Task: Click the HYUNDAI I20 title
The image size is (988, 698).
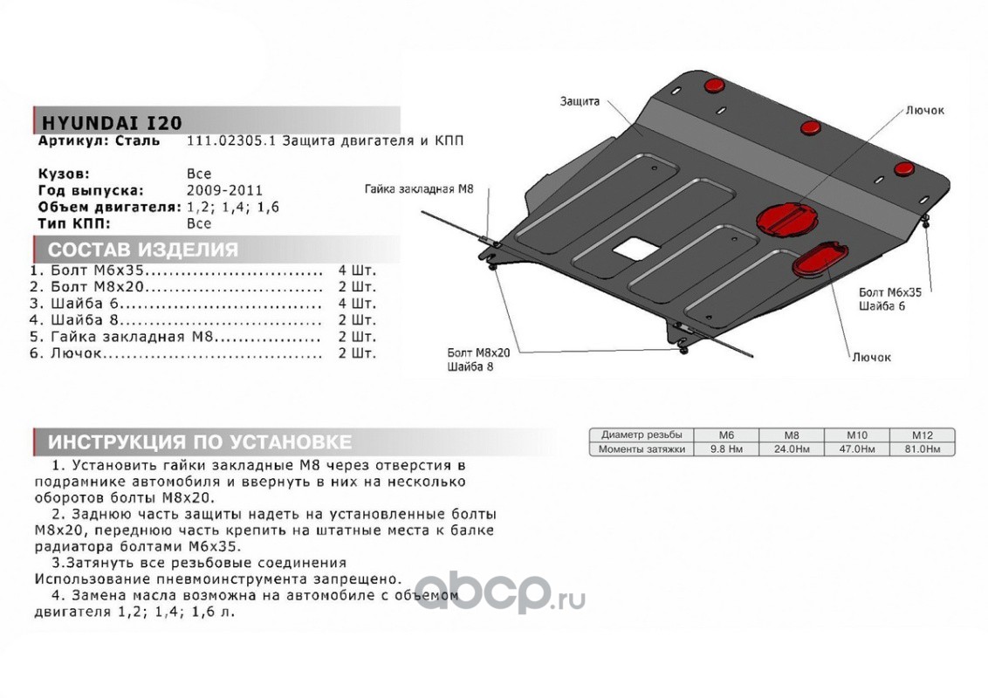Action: coord(108,122)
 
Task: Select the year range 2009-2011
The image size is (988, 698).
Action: coord(224,190)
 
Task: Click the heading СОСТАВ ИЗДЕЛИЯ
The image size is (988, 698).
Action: coord(143,250)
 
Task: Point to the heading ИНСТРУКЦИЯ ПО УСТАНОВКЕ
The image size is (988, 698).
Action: coord(200,441)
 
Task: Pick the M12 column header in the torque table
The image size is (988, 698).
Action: coord(922,435)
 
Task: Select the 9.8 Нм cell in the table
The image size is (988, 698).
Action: coord(726,449)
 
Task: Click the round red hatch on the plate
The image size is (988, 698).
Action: coord(787,216)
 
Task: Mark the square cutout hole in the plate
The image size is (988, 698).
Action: coord(634,249)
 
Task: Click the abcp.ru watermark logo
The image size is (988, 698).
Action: coord(497,595)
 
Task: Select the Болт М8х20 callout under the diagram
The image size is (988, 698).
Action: coord(477,352)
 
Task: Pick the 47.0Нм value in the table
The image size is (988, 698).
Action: coord(856,449)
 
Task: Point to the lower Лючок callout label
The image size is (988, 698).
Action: coord(871,358)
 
